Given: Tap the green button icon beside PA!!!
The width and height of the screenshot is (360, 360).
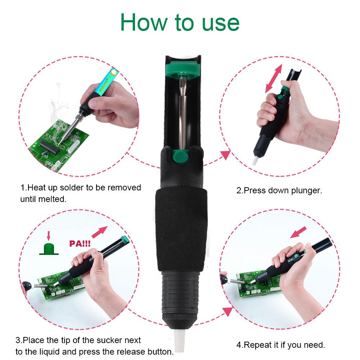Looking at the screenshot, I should (49, 249).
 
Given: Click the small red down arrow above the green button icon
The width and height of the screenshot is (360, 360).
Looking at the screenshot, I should (49, 236).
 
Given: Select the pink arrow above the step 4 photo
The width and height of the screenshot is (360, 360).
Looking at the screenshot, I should (298, 232).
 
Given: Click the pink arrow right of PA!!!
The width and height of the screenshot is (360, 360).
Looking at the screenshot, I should (100, 232).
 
